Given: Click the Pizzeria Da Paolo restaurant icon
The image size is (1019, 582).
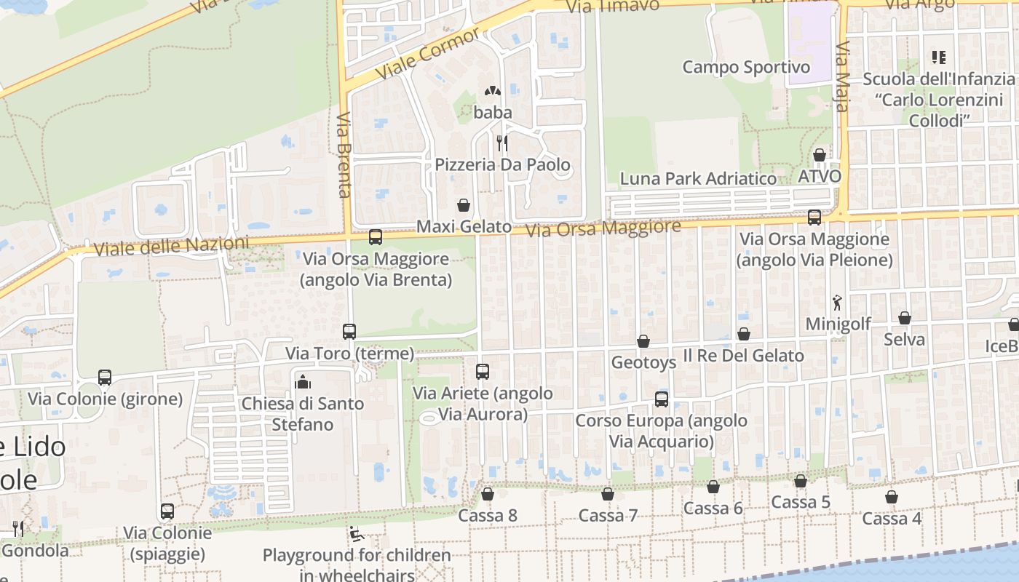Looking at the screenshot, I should tap(501, 143).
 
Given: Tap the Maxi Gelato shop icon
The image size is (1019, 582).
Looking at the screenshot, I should tap(463, 205).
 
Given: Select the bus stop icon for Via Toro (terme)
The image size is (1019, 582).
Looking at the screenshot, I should tap(349, 332).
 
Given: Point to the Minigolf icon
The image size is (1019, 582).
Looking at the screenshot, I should tap(838, 302).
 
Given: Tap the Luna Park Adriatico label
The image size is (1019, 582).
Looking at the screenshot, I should tap(698, 178).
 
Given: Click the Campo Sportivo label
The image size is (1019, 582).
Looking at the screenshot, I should tap(746, 67).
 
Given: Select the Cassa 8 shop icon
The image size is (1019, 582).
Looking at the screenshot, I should tap(488, 494).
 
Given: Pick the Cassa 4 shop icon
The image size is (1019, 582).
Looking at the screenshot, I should tap(892, 497).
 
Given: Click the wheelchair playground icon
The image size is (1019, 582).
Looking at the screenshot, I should tap(357, 535).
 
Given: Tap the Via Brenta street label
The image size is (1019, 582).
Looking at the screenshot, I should tap(344, 154).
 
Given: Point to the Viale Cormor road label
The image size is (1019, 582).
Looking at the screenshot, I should tap(429, 55).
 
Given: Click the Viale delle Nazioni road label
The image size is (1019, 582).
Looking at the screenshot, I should tap(172, 245).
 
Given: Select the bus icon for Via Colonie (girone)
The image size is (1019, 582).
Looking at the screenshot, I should tap(105, 378).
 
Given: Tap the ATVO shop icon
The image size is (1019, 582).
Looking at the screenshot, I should tap(820, 155).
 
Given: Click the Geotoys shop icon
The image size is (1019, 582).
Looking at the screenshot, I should tap(643, 341).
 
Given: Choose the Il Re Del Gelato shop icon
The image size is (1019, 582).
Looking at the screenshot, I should tap(744, 334).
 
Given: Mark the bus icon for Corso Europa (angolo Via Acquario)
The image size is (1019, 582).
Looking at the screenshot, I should tap(662, 399).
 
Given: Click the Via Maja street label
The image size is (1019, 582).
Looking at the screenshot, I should tap(842, 76).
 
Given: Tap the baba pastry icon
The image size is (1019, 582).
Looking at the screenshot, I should tap(493, 92).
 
